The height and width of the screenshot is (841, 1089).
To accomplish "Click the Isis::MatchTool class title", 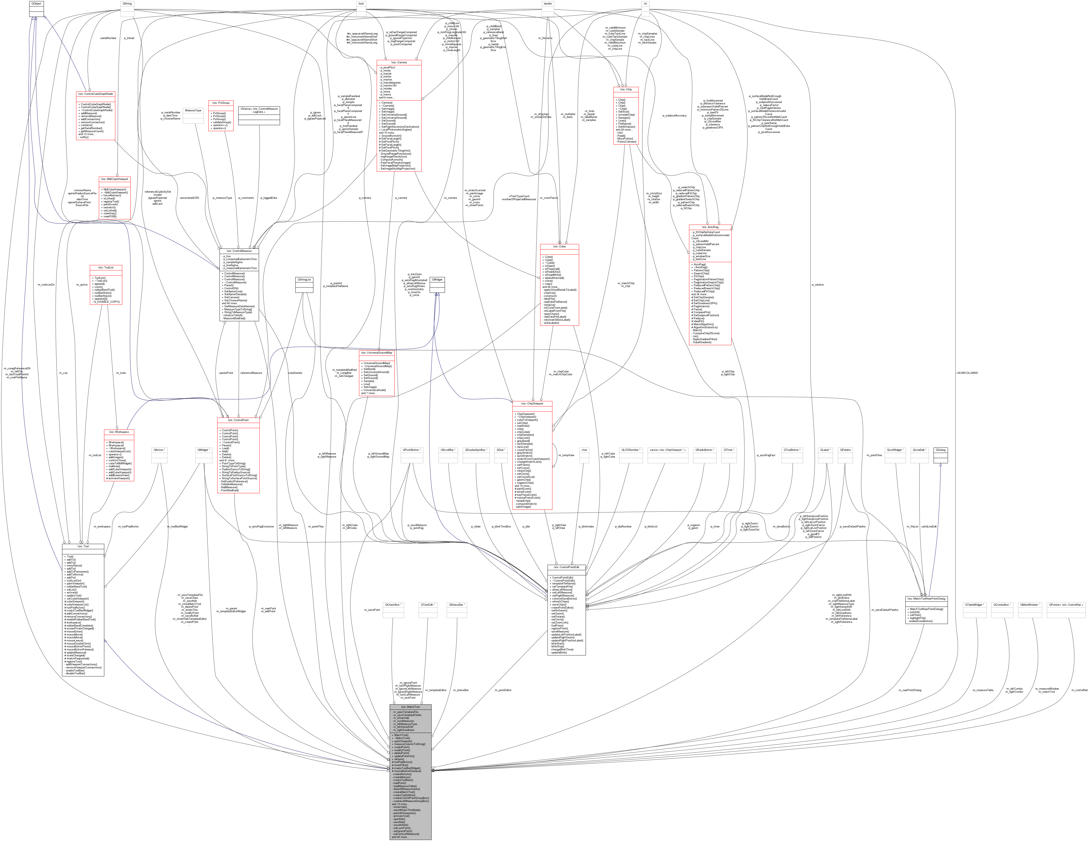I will [x=410, y=707].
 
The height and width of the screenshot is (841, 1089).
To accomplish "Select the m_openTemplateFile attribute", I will [x=405, y=712].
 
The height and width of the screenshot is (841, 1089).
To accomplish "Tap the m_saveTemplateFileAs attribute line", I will [x=407, y=715].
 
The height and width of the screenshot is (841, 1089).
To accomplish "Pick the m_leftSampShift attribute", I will [x=403, y=727].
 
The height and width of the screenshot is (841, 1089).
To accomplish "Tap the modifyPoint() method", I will [x=401, y=750].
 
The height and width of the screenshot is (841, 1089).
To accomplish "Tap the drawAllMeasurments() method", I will [x=406, y=789].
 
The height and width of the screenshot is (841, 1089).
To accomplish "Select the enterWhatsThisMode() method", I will [x=406, y=810].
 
